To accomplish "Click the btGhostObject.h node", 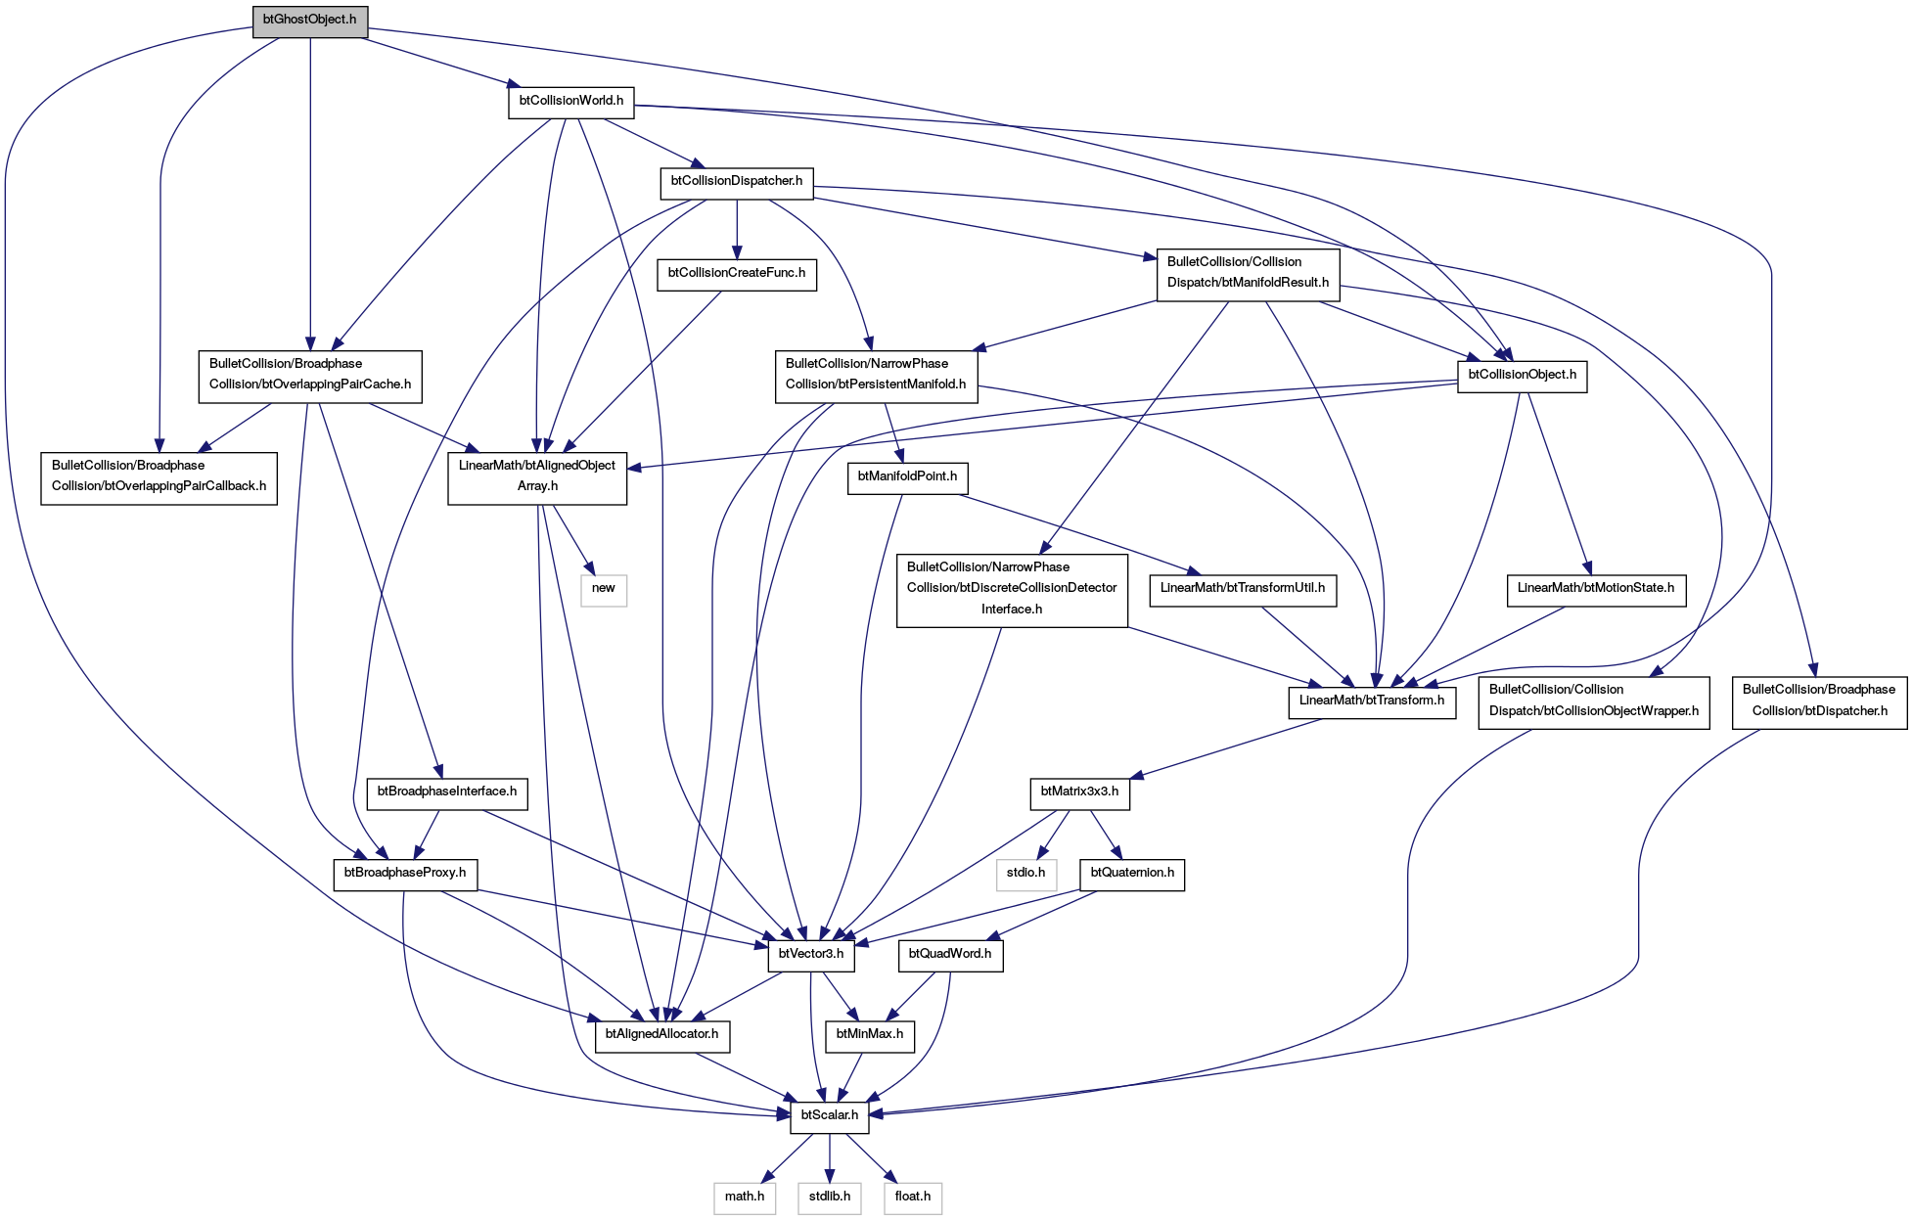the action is pos(310,20).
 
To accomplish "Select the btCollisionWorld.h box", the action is pos(571,101).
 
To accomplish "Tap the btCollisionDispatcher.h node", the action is pos(737,181).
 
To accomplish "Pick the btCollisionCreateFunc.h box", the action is pos(737,273).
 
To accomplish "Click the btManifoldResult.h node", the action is pos(1249,273).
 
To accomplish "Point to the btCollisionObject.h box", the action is pos(1523,375).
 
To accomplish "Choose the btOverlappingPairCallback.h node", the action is pos(159,476).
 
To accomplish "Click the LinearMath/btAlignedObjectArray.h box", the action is pos(537,476).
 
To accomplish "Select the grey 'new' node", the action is pos(604,589).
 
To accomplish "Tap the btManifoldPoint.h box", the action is pos(907,476).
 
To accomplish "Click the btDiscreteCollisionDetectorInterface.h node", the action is pos(1012,589).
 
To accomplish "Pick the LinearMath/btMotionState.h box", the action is pos(1596,589).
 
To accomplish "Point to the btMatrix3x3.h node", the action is pos(1080,791).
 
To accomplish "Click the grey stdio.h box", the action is pos(1027,874).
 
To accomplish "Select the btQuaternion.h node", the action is pos(1132,874).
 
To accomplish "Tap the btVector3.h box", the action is pos(811,955).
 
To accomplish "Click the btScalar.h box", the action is pos(830,1116).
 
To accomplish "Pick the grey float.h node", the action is pos(913,1198).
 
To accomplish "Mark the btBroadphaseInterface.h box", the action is pos(447,791).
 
